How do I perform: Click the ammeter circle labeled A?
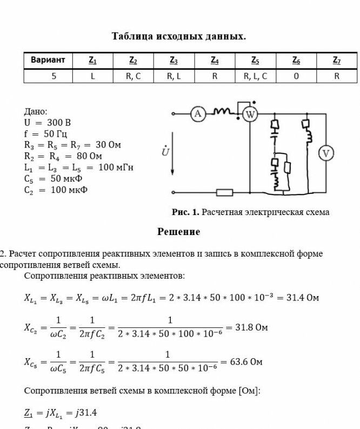(x=198, y=113)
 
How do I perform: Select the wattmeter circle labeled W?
(x=250, y=114)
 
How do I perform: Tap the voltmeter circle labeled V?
(x=326, y=153)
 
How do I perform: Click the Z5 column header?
(x=255, y=61)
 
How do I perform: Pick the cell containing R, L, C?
(x=255, y=76)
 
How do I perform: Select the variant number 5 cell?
(x=54, y=76)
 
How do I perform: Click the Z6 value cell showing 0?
(x=296, y=76)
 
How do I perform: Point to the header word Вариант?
(x=48, y=60)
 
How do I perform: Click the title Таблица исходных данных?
(x=179, y=37)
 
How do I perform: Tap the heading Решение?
(x=179, y=232)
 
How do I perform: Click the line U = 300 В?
(x=48, y=123)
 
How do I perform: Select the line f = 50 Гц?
(x=46, y=133)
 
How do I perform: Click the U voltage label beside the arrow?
(x=166, y=152)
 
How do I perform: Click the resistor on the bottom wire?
(x=224, y=192)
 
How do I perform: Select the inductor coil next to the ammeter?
(x=223, y=112)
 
